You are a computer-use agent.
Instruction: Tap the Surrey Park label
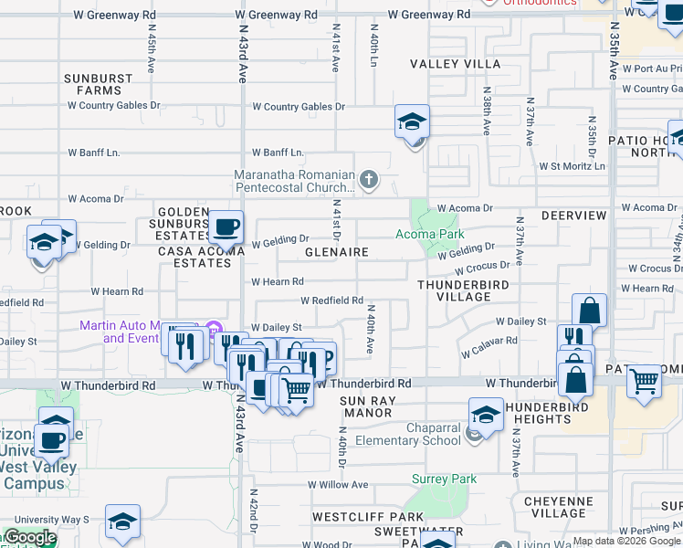pyautogui.click(x=445, y=479)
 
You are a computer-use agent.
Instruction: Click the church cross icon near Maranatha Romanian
pyautogui.click(x=369, y=179)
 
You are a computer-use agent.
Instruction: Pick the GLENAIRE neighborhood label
pyautogui.click(x=336, y=252)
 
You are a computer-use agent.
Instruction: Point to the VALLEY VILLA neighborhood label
pyautogui.click(x=455, y=64)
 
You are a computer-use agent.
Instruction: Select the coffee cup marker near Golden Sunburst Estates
pyautogui.click(x=225, y=226)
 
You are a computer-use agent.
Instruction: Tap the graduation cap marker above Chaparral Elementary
pyautogui.click(x=486, y=415)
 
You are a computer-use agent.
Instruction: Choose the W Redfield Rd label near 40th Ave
pyautogui.click(x=332, y=300)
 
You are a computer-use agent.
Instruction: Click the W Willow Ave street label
pyautogui.click(x=337, y=485)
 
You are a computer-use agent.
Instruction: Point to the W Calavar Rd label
pyautogui.click(x=489, y=346)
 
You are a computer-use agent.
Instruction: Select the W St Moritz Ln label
pyautogui.click(x=572, y=166)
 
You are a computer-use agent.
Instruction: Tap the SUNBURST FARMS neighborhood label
pyautogui.click(x=99, y=85)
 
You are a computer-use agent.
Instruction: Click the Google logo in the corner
pyautogui.click(x=29, y=537)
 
